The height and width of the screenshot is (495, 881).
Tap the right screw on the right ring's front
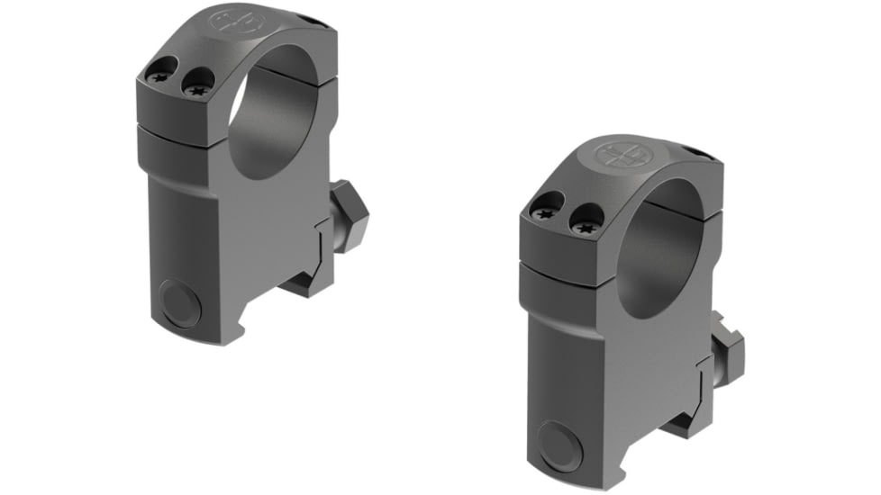tap(584, 216)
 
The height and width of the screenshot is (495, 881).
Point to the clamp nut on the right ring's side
tap(726, 346)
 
